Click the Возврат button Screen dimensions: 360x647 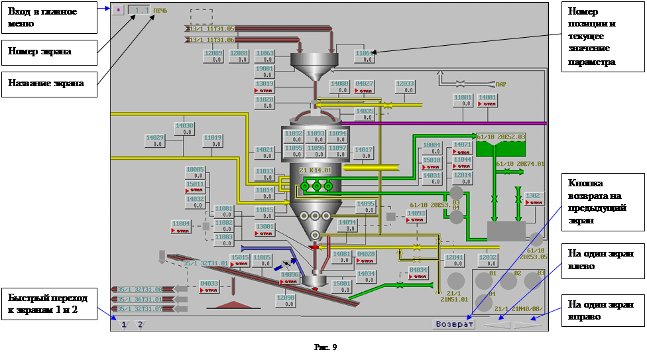click(454, 324)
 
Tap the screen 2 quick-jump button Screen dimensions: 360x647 click(140, 324)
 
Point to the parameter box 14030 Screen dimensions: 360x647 click(184, 128)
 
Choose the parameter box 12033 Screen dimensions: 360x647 click(404, 87)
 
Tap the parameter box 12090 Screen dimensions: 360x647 click(285, 300)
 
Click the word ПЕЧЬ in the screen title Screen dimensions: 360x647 click(161, 11)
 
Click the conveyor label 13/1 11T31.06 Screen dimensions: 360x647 click(212, 40)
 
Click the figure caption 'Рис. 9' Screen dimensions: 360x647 click(325, 348)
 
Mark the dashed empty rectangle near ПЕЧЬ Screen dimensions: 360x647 click(202, 17)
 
